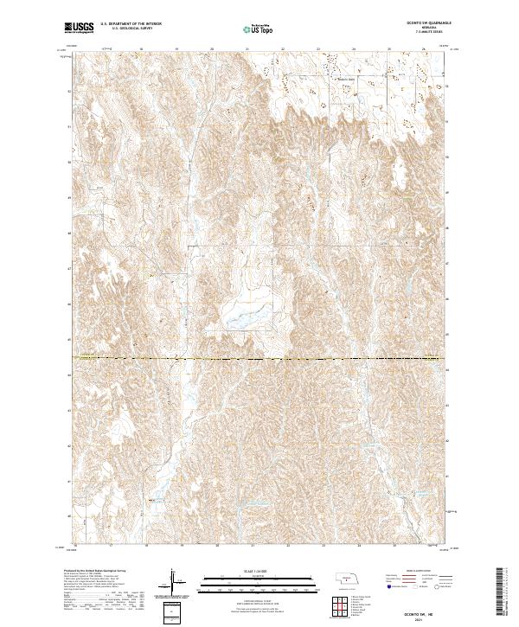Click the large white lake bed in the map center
[242, 319]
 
